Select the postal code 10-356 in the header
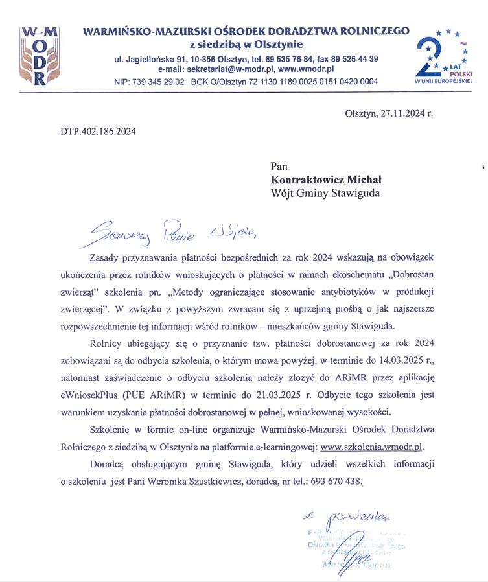(x=200, y=59)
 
